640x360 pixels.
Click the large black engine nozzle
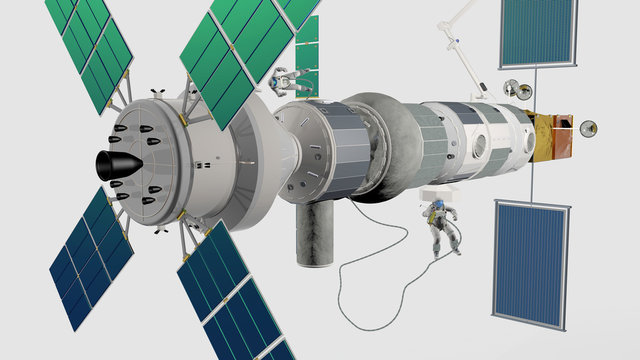click(117, 166)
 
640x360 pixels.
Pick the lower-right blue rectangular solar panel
click(531, 262)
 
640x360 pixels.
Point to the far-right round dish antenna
click(589, 128)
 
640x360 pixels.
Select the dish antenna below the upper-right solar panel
click(513, 88)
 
